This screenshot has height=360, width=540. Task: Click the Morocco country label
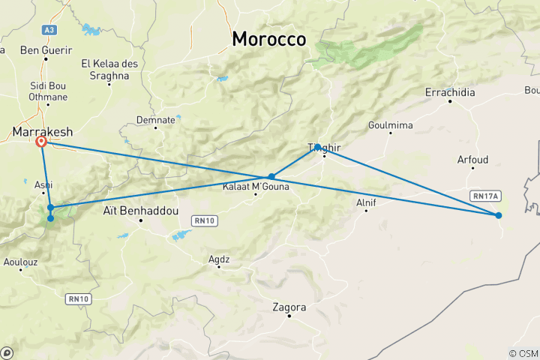coord(269,39)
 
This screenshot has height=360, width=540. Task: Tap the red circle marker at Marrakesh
coord(41,141)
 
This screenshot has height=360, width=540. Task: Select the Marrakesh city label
coord(42,132)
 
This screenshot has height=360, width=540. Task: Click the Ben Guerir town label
coord(46,51)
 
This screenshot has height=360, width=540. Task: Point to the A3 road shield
coord(49,29)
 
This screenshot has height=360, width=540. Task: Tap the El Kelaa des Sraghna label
coord(110,69)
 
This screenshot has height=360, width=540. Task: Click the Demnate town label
coord(156,119)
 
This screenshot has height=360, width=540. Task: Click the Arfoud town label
coord(472,160)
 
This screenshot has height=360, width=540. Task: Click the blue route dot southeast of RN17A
coord(499,215)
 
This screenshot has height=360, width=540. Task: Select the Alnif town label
coord(366,202)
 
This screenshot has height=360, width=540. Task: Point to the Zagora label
coord(290,307)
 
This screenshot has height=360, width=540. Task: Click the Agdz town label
coord(219,259)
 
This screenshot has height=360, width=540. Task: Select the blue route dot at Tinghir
coord(318,147)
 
